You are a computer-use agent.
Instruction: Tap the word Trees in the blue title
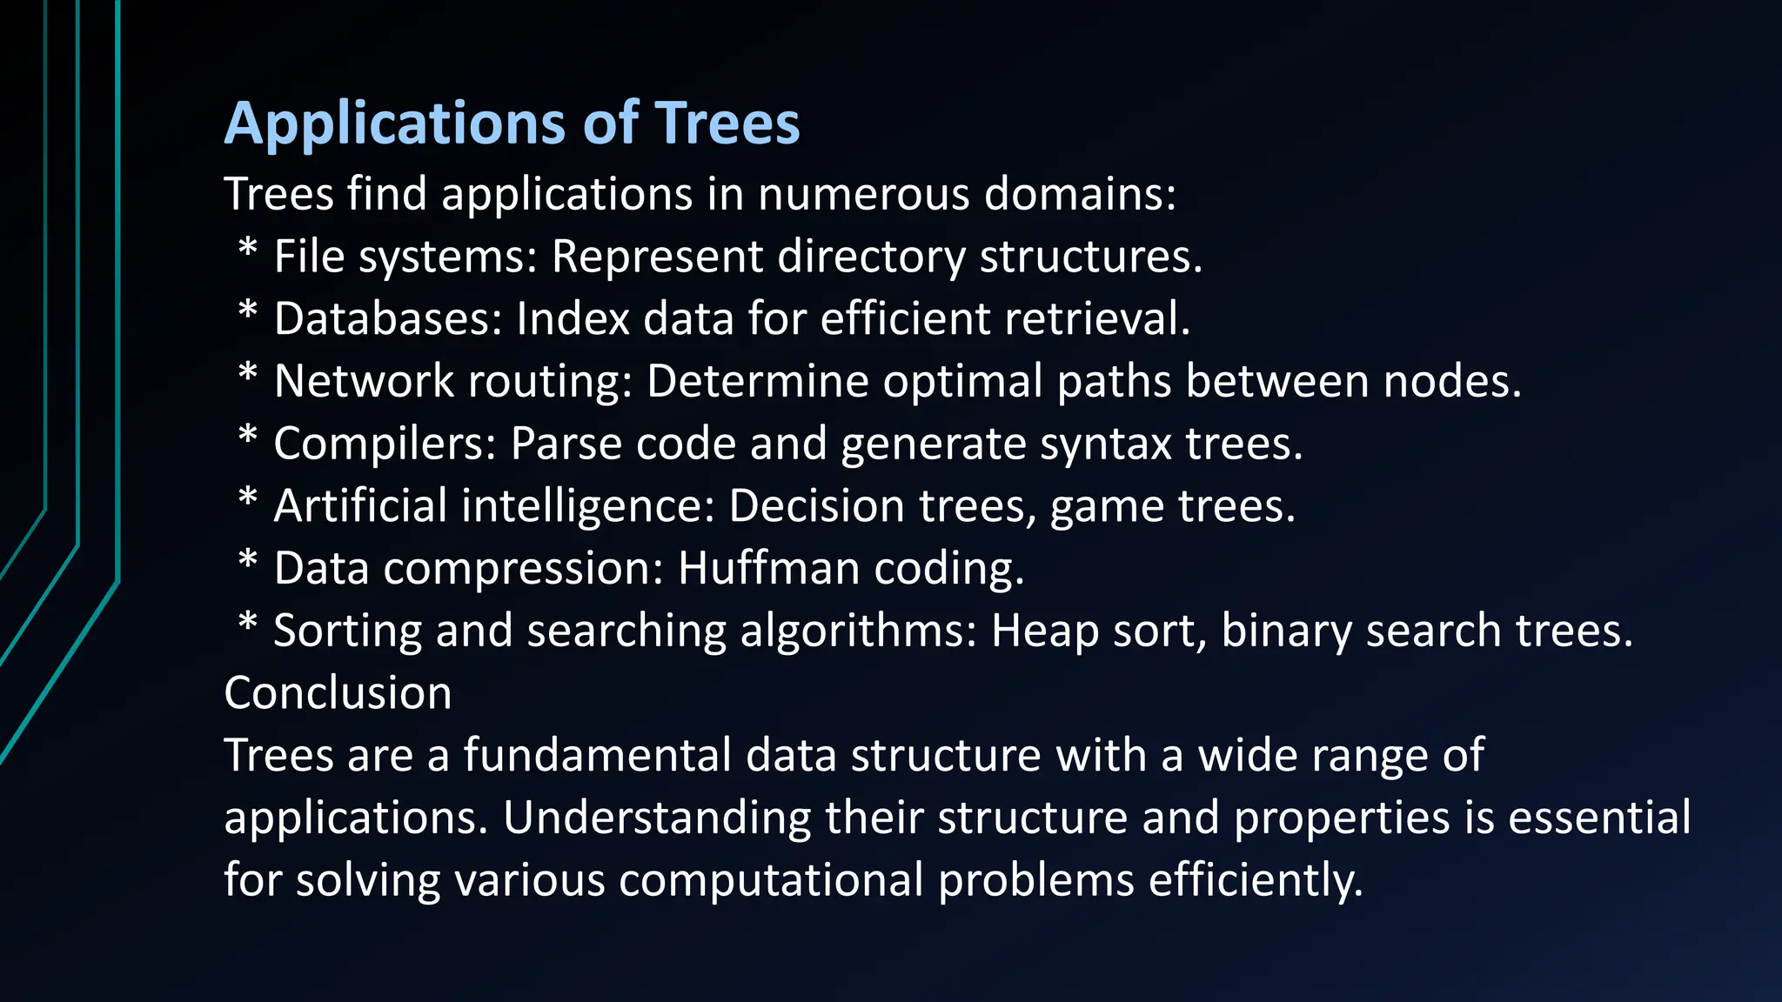pos(727,124)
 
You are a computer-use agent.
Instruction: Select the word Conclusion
pos(338,693)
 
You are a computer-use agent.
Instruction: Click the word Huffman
pos(768,569)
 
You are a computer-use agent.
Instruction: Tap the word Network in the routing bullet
pos(364,382)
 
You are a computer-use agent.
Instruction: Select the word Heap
pos(1044,631)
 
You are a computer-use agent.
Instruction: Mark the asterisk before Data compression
pos(248,562)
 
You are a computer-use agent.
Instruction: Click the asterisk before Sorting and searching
pos(248,625)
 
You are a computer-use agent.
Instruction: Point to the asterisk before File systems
pos(248,250)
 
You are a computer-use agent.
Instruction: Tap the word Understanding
pos(656,818)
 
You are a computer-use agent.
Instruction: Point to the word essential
pos(1599,818)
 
